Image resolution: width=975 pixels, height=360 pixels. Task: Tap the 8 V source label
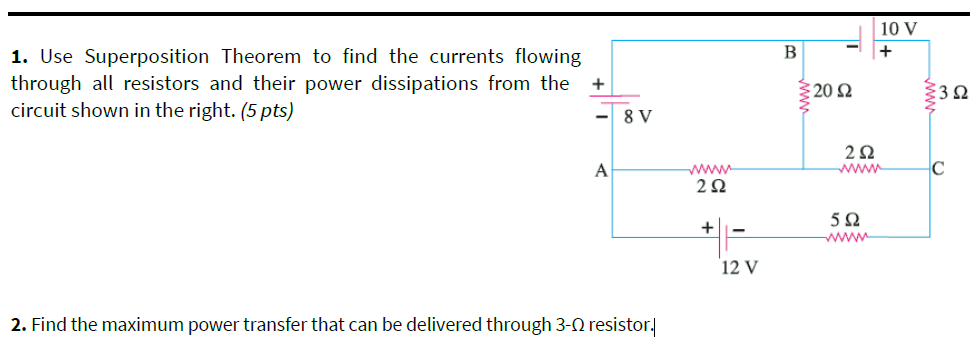[637, 118]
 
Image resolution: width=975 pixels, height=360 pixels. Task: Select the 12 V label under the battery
[739, 267]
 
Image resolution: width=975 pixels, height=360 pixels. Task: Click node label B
[790, 52]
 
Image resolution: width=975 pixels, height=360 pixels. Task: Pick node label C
[941, 166]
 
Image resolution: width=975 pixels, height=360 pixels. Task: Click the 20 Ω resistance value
[832, 92]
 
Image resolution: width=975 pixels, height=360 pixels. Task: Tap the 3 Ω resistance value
[956, 94]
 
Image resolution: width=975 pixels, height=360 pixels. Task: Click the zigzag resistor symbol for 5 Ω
[846, 238]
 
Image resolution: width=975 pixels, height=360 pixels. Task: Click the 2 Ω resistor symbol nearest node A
[710, 169]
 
